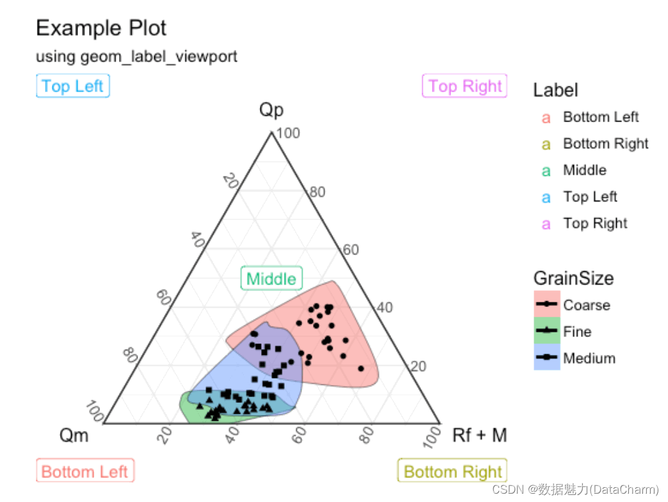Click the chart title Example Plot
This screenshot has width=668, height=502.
coord(101,28)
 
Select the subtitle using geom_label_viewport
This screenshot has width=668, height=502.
coord(136,57)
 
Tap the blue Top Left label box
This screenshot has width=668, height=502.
coord(72,86)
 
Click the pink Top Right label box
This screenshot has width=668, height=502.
coord(465,86)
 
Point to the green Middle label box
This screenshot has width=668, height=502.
coord(271,279)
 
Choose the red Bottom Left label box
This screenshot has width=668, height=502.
coord(85,472)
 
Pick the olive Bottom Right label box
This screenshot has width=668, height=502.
coord(452,472)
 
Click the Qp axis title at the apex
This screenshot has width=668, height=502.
coord(271,110)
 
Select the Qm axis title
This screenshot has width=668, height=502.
coord(74,436)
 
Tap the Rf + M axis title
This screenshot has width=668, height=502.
coord(479,436)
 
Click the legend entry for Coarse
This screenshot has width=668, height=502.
coord(586,305)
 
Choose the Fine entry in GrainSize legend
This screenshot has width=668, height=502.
coord(577,332)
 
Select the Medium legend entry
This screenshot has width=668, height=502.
coord(589,359)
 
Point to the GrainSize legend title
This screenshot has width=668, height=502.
coord(573,278)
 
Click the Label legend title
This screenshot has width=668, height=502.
coord(555,91)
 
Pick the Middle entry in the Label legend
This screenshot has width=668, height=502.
coord(584,170)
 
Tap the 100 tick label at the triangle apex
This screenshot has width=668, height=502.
coord(288,134)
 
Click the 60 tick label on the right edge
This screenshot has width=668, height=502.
coord(351,249)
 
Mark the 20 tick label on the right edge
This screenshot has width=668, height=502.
coord(418,366)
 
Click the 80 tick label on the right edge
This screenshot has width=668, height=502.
coord(317,192)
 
